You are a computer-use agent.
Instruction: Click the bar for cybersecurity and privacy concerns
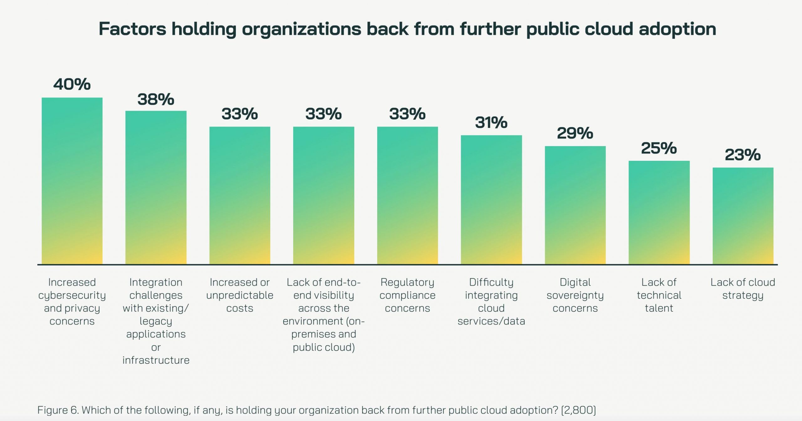(x=72, y=181)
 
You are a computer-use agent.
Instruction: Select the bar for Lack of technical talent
(x=659, y=213)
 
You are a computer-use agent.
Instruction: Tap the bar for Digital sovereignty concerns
(x=575, y=205)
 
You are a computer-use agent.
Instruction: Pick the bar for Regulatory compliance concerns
(x=407, y=195)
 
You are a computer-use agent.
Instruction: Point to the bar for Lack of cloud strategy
(x=743, y=216)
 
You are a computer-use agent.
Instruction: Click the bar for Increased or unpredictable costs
(x=240, y=195)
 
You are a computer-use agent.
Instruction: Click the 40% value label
(x=72, y=84)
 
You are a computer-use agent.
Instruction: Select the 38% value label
(x=156, y=99)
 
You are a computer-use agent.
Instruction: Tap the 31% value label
(x=491, y=123)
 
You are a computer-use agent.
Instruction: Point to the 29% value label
(x=575, y=133)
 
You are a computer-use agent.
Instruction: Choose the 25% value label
(x=659, y=148)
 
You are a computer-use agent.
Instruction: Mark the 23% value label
(x=742, y=155)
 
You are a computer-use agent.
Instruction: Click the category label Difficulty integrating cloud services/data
(x=491, y=302)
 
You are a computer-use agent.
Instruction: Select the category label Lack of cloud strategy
(x=743, y=289)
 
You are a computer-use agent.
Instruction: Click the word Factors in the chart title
(x=132, y=29)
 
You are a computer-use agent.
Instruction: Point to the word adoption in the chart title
(x=677, y=29)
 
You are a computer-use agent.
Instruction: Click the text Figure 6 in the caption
(x=58, y=410)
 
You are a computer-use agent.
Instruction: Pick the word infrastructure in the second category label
(x=156, y=360)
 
